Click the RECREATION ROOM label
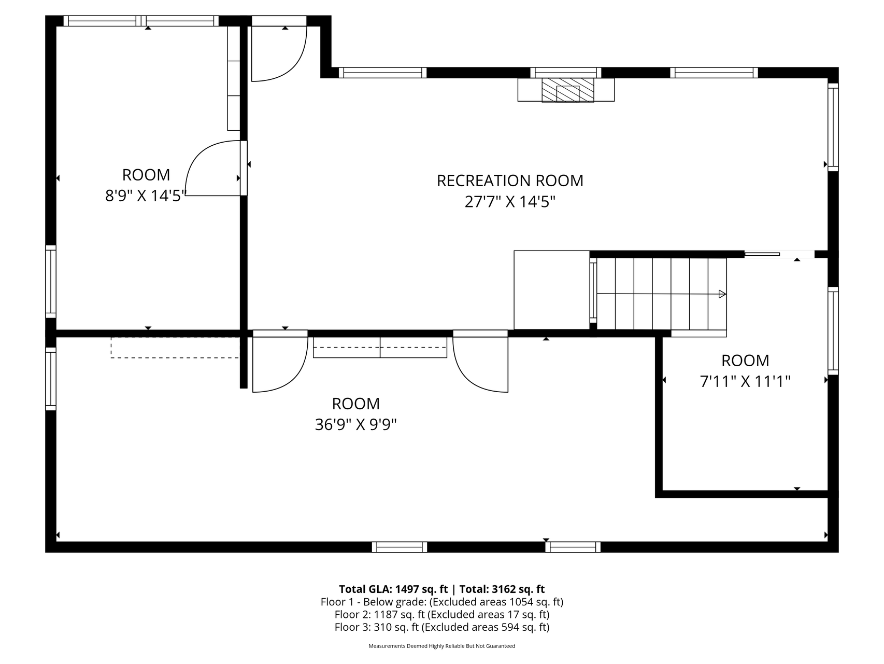pyautogui.click(x=510, y=181)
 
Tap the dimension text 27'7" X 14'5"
pyautogui.click(x=510, y=201)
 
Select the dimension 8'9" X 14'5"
pyautogui.click(x=146, y=196)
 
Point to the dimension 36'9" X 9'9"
pyautogui.click(x=356, y=425)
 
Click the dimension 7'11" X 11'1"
pyautogui.click(x=745, y=382)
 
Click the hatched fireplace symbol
pyautogui.click(x=567, y=90)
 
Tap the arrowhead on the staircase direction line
pyautogui.click(x=722, y=294)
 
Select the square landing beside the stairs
pyautogui.click(x=551, y=290)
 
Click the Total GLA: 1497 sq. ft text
pyautogui.click(x=393, y=589)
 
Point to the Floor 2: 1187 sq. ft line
pyautogui.click(x=442, y=615)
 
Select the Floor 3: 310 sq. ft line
pyautogui.click(x=442, y=627)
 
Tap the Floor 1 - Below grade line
pyautogui.click(x=442, y=602)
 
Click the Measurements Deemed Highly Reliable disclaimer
pyautogui.click(x=442, y=646)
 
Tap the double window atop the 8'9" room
pyautogui.click(x=141, y=21)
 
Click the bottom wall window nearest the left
pyautogui.click(x=400, y=547)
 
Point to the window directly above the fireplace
pyautogui.click(x=566, y=73)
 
